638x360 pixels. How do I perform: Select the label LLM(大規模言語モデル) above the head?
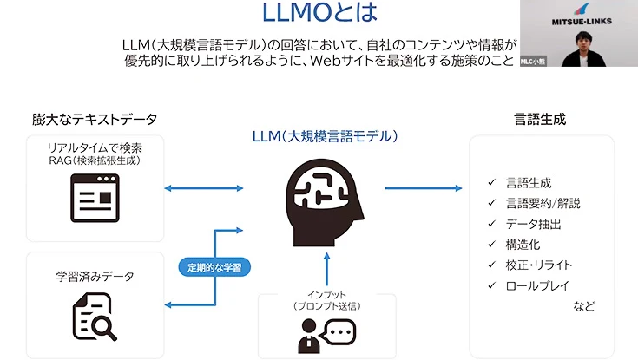click(x=324, y=136)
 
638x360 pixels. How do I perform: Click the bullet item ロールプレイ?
click(x=538, y=285)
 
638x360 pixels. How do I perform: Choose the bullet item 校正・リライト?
click(x=538, y=265)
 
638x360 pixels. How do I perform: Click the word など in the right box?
click(x=584, y=306)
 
